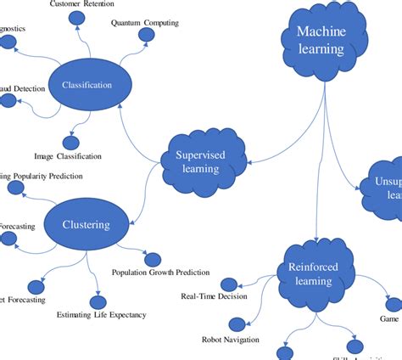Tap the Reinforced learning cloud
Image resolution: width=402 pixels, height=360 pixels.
point(315,273)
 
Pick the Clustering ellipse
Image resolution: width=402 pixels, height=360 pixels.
point(86,224)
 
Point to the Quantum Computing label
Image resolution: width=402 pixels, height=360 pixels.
point(145,22)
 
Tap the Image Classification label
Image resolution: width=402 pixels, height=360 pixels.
point(68,156)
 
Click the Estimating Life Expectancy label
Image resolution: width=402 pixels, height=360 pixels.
point(101,315)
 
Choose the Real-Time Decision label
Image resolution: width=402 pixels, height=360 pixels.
point(214,296)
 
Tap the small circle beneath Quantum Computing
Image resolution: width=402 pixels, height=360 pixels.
point(146,35)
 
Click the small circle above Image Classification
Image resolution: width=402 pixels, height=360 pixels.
point(70,143)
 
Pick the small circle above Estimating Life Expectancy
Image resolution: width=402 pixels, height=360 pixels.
point(95,300)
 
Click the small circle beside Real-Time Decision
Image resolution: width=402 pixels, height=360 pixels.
point(228,284)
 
